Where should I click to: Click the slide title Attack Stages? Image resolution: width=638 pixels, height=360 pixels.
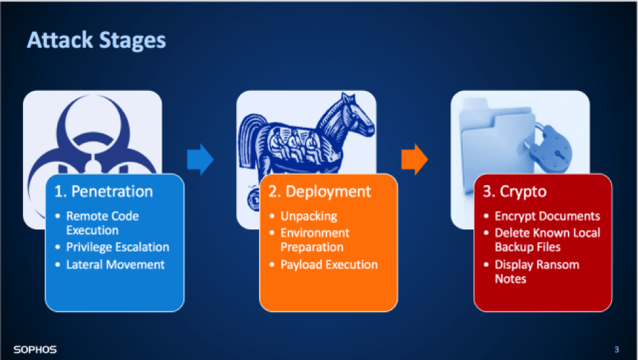point(96,41)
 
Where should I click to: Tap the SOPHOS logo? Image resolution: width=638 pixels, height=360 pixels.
point(35,350)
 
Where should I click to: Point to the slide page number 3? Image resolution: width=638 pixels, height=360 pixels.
point(617,350)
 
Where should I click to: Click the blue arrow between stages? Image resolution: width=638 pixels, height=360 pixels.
point(200,160)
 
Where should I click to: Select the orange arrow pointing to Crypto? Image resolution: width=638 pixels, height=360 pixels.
point(415,160)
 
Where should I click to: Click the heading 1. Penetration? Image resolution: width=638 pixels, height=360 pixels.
point(104,192)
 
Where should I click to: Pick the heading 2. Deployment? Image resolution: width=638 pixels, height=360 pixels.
point(320,192)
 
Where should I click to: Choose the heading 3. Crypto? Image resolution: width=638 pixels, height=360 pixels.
point(515,192)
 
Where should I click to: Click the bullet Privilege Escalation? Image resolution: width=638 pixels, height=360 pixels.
point(118,247)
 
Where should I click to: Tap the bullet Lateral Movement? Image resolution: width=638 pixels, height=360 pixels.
point(116,265)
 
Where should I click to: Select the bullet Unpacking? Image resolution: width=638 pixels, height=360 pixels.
point(309,217)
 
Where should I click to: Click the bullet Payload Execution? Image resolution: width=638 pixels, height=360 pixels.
point(329,265)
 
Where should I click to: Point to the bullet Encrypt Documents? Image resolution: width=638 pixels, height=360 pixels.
point(547,217)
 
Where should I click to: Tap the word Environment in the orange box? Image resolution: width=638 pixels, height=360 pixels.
point(315,233)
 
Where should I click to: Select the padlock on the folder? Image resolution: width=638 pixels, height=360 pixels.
point(551,147)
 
